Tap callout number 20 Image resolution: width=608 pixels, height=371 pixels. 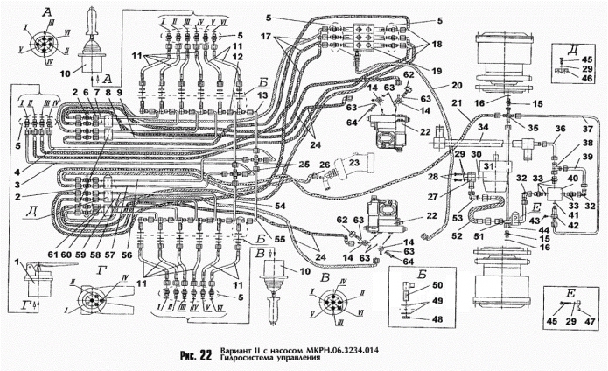coord(457,87)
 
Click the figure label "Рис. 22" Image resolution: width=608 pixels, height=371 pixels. coord(193,356)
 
